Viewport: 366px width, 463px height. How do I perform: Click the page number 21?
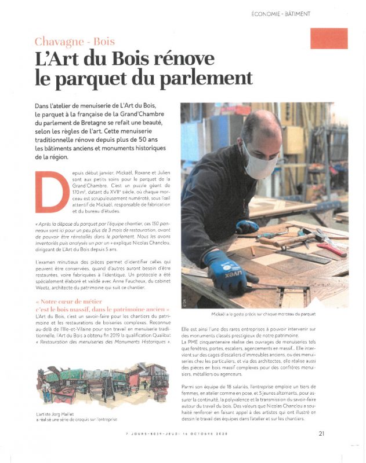pyautogui.click(x=321, y=432)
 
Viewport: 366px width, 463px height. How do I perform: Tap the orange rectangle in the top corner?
pyautogui.click(x=328, y=39)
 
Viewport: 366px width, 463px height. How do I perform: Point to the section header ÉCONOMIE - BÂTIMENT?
pyautogui.click(x=281, y=13)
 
